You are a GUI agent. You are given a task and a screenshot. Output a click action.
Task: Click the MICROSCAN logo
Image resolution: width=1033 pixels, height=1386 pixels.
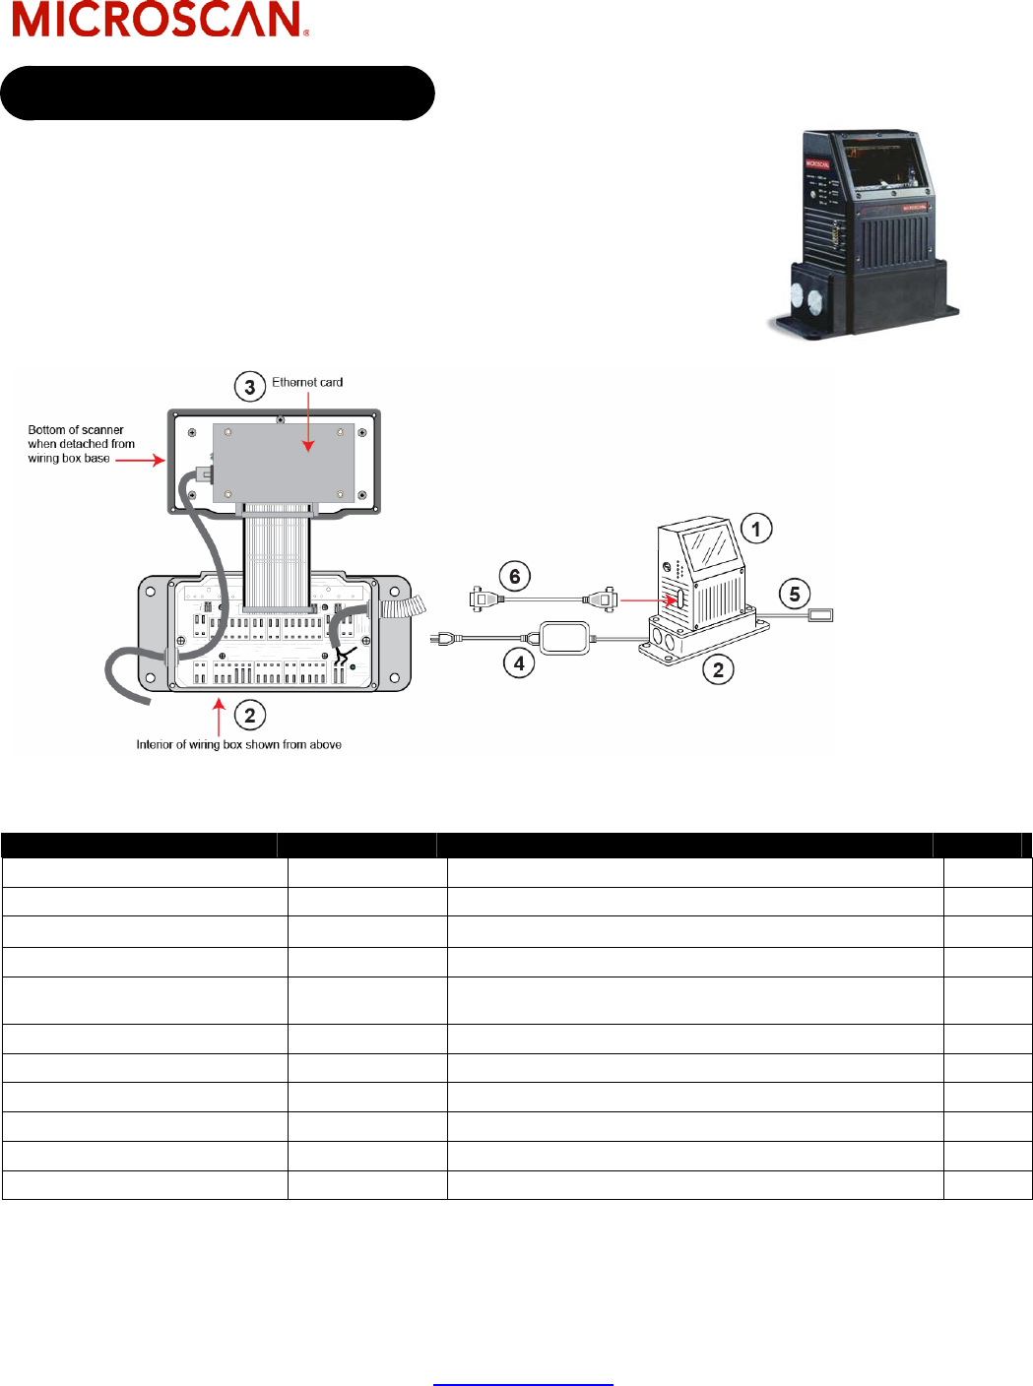161,20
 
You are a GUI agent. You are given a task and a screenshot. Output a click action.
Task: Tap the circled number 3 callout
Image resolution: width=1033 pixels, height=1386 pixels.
249,387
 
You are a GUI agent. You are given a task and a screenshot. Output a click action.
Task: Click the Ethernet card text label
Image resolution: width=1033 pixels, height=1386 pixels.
307,382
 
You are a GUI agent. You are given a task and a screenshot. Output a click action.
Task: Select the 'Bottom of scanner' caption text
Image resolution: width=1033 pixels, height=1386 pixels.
81,444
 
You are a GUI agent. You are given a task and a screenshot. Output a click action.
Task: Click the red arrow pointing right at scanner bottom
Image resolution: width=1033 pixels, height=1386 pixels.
140,460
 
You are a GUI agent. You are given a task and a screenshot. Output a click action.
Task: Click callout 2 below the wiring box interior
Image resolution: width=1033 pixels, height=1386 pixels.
249,716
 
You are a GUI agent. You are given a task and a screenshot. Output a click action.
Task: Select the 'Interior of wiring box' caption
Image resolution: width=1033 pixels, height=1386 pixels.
238,745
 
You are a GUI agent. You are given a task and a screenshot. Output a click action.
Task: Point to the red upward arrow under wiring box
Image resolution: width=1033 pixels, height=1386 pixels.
219,716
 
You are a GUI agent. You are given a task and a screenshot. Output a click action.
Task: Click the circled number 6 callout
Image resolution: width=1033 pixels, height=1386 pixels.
514,577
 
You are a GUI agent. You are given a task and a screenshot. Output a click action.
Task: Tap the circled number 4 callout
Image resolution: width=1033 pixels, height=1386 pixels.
519,663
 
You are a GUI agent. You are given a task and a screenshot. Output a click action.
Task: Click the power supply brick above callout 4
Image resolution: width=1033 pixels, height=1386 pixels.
565,638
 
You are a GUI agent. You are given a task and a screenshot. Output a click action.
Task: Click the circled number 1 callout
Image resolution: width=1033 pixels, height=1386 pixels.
755,529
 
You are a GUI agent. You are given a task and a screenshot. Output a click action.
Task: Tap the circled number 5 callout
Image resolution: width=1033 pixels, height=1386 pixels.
795,595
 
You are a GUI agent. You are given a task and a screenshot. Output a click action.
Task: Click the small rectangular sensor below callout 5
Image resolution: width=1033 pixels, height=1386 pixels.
820,615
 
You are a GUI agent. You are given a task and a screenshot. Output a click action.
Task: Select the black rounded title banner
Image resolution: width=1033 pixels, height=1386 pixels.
218,94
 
